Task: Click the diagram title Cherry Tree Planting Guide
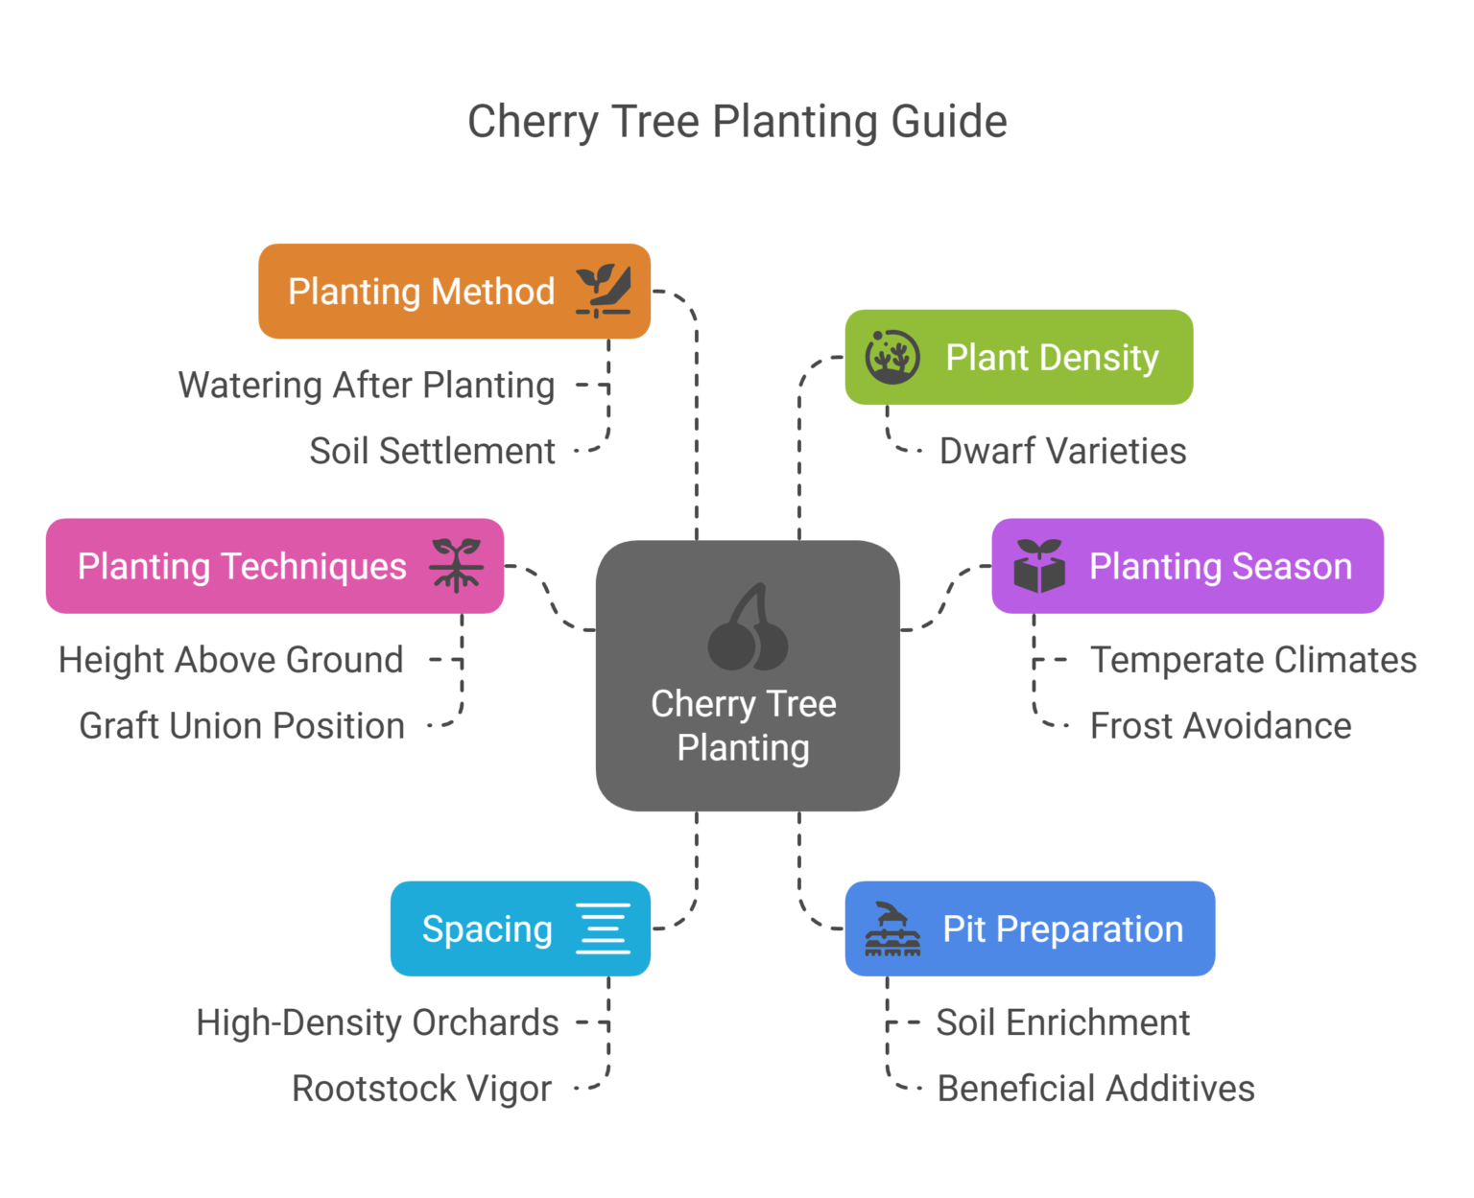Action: pos(737,122)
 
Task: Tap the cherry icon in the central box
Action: pos(748,628)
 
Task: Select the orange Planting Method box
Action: pos(454,291)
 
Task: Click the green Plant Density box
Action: pos(1018,357)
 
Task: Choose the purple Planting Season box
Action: pos(1187,566)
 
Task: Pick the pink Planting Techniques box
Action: pos(274,566)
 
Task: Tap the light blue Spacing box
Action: pos(520,928)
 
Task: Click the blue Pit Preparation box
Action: pos(1030,928)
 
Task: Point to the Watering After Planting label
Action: pos(367,386)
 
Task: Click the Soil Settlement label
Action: pos(432,451)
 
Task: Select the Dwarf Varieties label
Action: pos(1062,451)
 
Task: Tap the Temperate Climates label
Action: pos(1252,660)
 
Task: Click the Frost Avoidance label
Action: pos(1220,726)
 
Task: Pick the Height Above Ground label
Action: pos(230,660)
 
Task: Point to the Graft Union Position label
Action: pos(242,726)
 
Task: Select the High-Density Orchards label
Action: pos(377,1022)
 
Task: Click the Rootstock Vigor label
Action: pos(421,1089)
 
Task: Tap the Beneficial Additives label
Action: pos(1095,1089)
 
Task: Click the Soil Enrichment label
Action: pos(1062,1022)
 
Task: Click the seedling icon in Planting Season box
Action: pos(1039,566)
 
